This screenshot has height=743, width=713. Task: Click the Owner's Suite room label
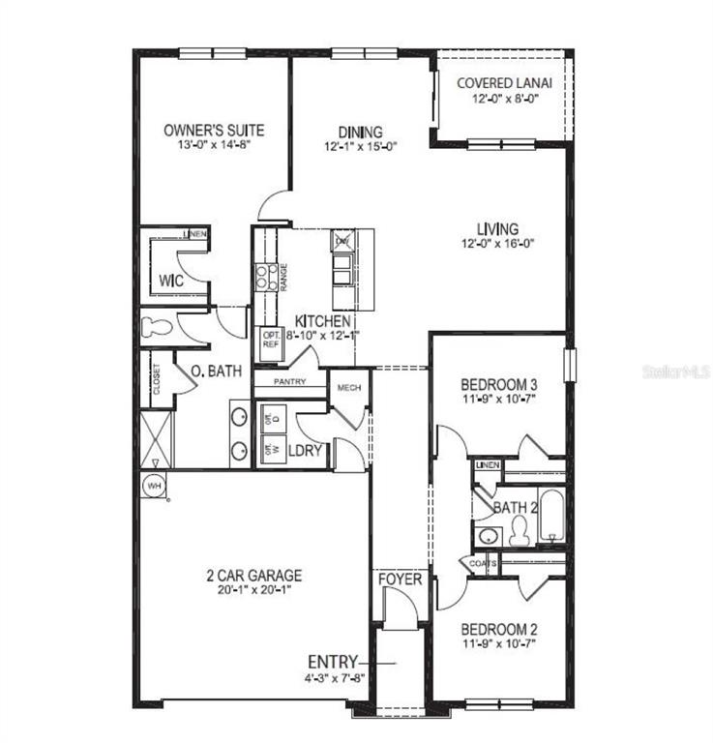(x=213, y=130)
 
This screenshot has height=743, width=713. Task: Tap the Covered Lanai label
(x=497, y=83)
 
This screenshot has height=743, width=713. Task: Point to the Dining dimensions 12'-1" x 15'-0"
(x=360, y=147)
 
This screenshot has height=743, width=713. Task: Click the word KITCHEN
(x=322, y=320)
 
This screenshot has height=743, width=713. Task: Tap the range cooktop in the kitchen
(x=266, y=279)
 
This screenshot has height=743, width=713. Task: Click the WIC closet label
(x=170, y=281)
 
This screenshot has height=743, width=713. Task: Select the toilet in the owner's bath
(x=155, y=326)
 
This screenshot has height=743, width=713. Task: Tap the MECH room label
(x=348, y=388)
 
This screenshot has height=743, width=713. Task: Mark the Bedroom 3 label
(x=497, y=383)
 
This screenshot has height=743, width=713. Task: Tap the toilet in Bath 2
(x=520, y=529)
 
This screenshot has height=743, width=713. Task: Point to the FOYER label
(x=400, y=580)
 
